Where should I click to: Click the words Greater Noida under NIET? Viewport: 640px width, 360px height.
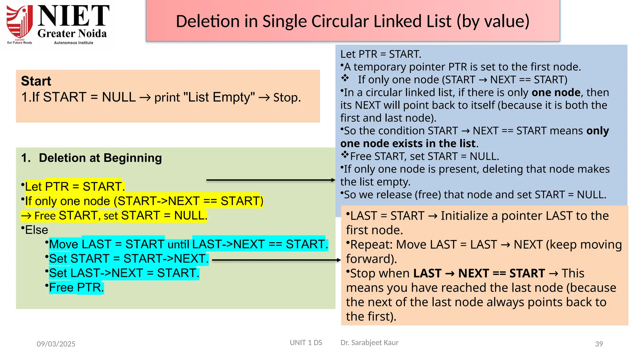(x=72, y=33)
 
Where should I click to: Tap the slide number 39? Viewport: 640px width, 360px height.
(x=599, y=344)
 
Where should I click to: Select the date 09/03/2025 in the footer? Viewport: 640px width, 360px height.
(x=56, y=344)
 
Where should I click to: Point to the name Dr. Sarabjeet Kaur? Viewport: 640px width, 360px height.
(x=369, y=342)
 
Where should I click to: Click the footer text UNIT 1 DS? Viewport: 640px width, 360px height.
(x=306, y=342)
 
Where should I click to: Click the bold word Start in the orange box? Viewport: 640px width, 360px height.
(x=36, y=81)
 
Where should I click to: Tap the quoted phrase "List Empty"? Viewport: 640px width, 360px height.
(x=219, y=97)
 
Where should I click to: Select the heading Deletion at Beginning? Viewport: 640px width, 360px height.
(x=100, y=158)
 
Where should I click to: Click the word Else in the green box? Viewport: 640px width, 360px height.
(x=37, y=230)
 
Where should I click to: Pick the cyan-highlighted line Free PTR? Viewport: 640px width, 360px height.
(x=76, y=287)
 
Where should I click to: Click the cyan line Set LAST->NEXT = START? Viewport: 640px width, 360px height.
(x=124, y=273)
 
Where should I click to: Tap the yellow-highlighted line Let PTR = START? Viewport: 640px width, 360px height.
(x=75, y=187)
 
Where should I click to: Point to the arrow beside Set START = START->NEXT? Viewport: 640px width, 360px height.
(x=276, y=260)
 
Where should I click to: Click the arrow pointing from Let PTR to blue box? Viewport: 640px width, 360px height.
(x=271, y=180)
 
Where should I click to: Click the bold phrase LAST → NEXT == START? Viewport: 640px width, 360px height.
(x=479, y=273)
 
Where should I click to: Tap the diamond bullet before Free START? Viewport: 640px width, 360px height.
(x=345, y=154)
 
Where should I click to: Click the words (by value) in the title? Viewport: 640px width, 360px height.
(x=493, y=21)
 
